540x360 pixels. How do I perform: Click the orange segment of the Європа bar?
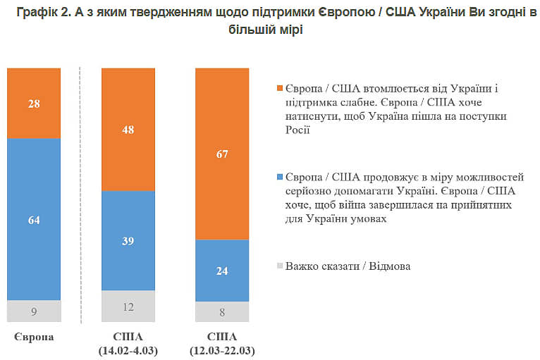[34, 104]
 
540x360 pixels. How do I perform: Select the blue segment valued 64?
[34, 219]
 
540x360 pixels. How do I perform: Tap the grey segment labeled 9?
[34, 310]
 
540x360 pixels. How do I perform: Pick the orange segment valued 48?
[128, 130]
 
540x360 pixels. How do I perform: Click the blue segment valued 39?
[128, 240]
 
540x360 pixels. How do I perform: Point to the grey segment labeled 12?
[128, 306]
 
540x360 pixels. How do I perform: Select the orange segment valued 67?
[222, 154]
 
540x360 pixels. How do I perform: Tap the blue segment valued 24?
[222, 270]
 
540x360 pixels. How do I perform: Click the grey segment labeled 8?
[222, 311]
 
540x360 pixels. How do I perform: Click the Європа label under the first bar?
[34, 337]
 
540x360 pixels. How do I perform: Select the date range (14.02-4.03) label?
[128, 349]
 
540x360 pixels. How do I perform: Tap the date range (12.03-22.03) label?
[222, 349]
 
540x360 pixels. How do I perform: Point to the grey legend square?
[280, 266]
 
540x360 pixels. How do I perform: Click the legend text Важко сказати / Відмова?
[348, 266]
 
